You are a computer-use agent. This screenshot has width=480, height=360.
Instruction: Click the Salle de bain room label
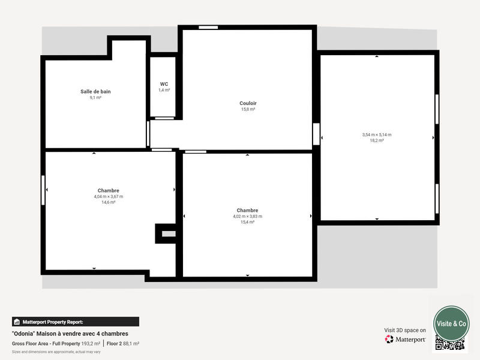click(95, 92)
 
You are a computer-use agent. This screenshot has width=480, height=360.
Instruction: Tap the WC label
click(164, 84)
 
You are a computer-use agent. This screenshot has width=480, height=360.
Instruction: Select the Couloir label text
click(248, 103)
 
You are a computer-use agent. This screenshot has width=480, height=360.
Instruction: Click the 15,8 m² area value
click(248, 109)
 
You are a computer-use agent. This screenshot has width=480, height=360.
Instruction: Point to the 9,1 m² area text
click(95, 97)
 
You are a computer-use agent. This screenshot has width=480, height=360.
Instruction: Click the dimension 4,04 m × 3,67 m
click(108, 196)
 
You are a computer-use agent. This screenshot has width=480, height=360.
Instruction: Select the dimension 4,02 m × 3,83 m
click(247, 216)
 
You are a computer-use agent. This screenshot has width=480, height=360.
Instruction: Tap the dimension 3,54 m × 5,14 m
click(376, 135)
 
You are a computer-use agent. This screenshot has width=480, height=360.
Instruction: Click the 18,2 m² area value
click(376, 140)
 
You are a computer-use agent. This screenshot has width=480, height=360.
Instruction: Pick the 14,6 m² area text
click(108, 202)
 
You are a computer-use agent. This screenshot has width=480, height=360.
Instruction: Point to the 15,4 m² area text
click(247, 222)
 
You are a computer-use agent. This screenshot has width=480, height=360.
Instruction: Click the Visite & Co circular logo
click(451, 323)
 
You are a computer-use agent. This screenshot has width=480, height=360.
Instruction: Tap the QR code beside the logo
click(450, 344)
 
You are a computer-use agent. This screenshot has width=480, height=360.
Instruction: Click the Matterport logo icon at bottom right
click(389, 339)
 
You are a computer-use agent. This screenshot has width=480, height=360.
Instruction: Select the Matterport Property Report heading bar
click(76, 322)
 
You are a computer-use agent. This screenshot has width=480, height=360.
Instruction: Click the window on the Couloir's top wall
click(208, 27)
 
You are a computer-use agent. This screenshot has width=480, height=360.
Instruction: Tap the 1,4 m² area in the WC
click(164, 90)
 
